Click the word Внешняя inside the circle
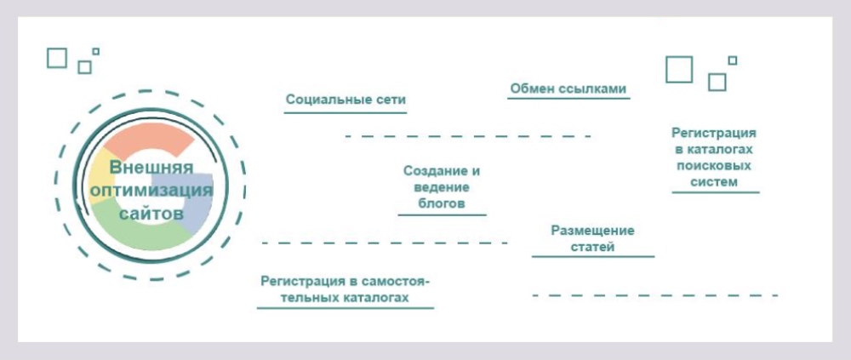151,168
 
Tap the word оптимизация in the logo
151,191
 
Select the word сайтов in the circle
151,214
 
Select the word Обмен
529,89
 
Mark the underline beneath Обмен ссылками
568,99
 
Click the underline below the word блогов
442,215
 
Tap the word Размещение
592,231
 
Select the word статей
592,247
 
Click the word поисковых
714,165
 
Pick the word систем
714,182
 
